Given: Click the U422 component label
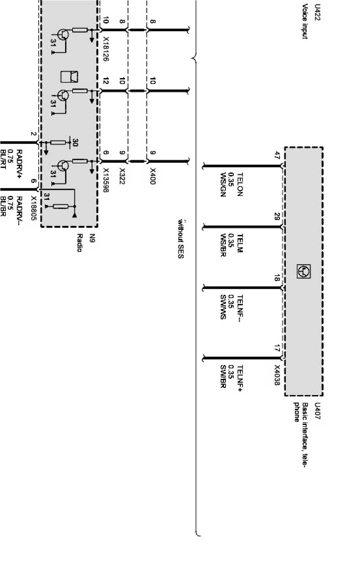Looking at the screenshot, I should (317, 12).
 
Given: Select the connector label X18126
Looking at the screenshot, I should (106, 49).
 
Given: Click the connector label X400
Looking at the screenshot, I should (153, 176).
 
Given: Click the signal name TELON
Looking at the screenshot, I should (240, 185).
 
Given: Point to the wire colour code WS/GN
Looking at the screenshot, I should (223, 185).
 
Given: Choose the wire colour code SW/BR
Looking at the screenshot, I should (223, 377).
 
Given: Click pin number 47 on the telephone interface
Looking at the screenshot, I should (277, 155).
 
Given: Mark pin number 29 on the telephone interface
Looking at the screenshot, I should (277, 216).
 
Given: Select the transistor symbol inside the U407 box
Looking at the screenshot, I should (303, 271).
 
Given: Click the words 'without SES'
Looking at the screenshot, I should (181, 238).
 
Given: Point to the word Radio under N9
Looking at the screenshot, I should (79, 243).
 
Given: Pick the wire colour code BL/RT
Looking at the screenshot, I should (3, 159).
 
